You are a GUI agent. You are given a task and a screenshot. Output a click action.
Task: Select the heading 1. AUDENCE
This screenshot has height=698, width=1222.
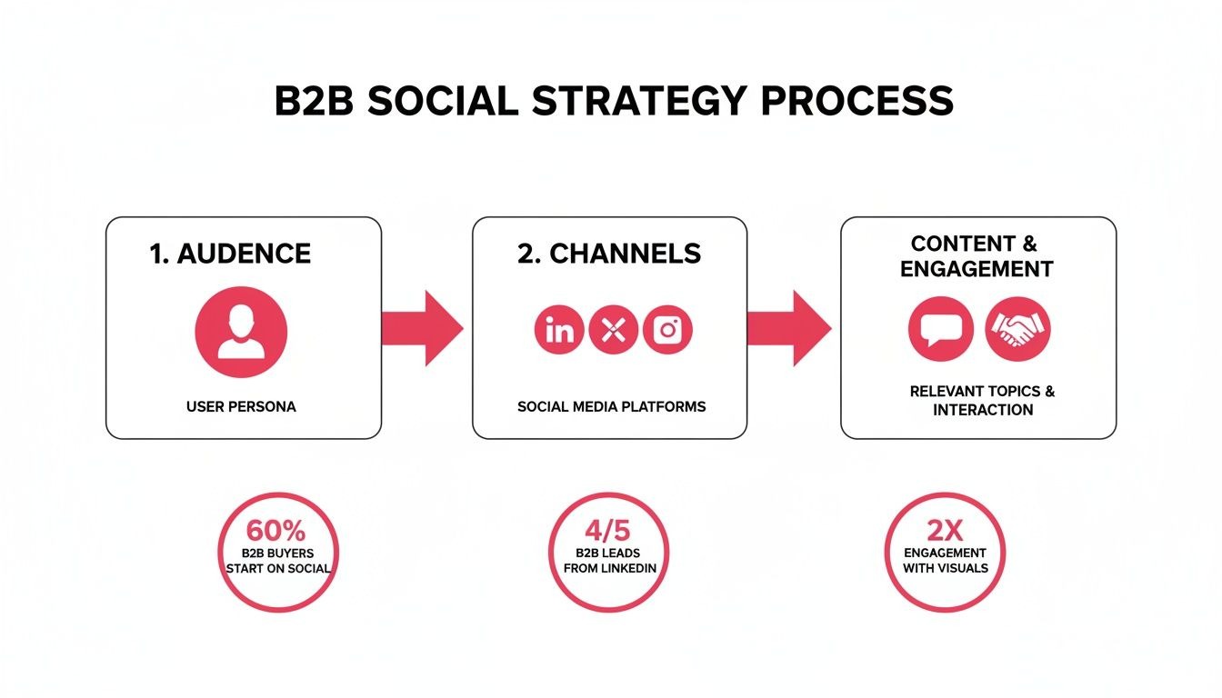tap(230, 254)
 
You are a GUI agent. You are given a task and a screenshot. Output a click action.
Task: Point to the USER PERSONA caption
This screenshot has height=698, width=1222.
tap(241, 406)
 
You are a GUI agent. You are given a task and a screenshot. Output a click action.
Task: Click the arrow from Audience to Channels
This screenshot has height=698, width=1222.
tap(422, 328)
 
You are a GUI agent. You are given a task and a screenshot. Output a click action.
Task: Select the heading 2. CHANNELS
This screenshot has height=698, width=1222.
tap(609, 254)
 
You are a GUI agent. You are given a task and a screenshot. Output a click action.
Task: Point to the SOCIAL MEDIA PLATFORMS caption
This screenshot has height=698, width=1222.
tap(611, 406)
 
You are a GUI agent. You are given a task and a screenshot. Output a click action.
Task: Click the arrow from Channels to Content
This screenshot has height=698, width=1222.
tap(788, 328)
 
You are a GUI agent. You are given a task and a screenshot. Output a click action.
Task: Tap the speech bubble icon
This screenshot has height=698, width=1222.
tap(935, 329)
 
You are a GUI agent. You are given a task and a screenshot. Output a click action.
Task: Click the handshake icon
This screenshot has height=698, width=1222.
tap(1017, 329)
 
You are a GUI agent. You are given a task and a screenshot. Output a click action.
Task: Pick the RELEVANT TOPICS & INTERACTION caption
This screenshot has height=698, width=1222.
tap(982, 400)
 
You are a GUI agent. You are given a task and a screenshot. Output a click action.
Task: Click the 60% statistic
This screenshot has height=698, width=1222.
tap(277, 531)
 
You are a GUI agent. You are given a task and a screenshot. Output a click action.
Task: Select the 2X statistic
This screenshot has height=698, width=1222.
tap(945, 531)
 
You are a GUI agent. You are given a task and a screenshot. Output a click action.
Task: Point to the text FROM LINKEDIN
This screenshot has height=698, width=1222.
tap(609, 568)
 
